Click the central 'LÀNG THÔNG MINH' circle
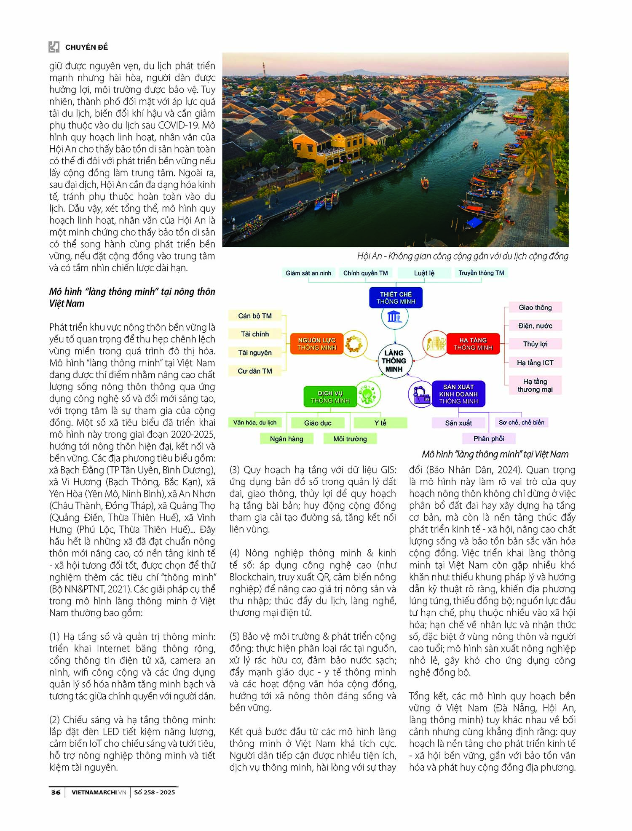point(394,361)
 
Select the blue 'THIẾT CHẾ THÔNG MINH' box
point(396,298)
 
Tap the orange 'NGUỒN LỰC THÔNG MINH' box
point(317,344)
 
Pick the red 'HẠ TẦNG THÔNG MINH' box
point(473,344)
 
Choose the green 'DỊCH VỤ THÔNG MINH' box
point(330,397)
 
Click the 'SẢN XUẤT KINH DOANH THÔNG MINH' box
point(458,394)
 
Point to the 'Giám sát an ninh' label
point(308,273)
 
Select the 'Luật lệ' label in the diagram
point(424,273)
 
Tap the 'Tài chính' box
point(255,334)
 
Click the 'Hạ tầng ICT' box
point(535,363)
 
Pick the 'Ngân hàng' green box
point(287,439)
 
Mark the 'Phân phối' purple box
point(489,438)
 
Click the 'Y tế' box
point(380,423)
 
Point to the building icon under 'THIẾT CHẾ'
point(395,317)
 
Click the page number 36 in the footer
point(56,792)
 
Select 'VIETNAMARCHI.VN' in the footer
point(99,792)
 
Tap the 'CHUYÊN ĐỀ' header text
point(86,47)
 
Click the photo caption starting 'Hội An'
point(463,256)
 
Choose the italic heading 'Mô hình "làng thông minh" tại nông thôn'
point(132,291)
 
